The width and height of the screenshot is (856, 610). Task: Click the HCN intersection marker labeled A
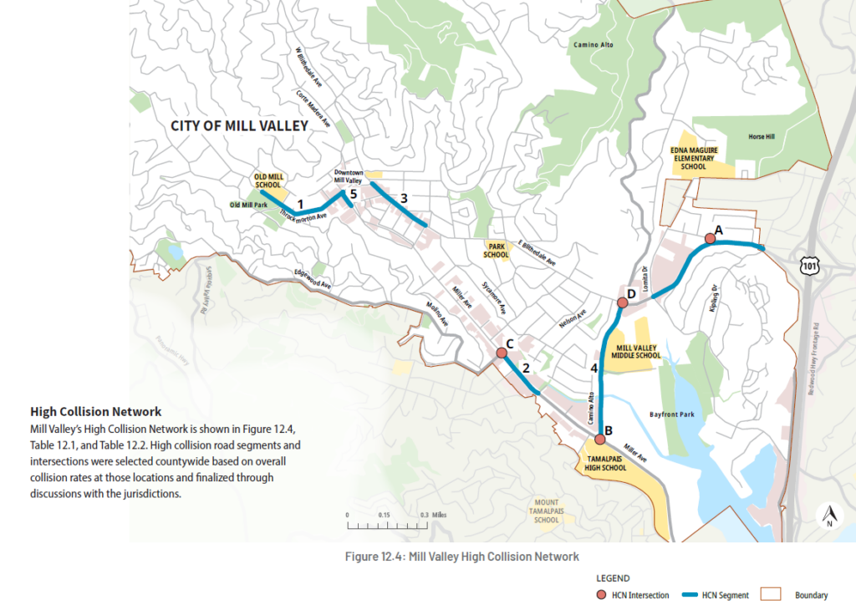(710, 238)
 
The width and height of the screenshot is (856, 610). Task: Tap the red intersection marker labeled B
(599, 440)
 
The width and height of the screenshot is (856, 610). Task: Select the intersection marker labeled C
(502, 353)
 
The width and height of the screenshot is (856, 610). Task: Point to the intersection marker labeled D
(620, 303)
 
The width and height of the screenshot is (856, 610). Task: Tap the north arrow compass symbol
(828, 516)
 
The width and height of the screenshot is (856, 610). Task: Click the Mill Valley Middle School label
(638, 351)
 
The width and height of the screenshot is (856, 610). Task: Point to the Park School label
(496, 250)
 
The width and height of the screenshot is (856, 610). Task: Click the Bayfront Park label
(673, 414)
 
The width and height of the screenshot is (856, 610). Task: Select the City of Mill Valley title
(239, 126)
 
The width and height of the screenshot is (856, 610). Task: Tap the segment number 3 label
(404, 198)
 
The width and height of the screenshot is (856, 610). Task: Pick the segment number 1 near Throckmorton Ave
(299, 203)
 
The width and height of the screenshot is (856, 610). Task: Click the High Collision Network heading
(95, 412)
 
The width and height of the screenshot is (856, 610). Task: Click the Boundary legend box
(768, 595)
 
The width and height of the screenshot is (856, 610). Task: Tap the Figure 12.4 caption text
(462, 556)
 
